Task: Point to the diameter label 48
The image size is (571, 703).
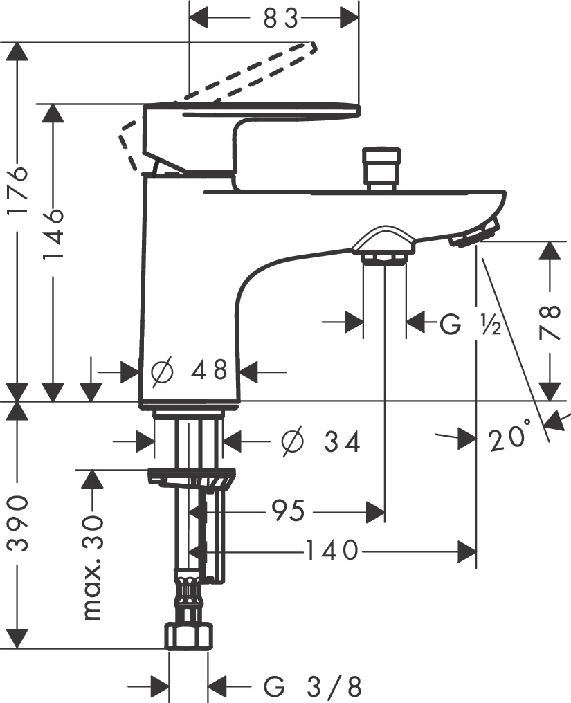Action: tap(189, 372)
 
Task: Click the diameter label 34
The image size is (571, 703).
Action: tap(322, 441)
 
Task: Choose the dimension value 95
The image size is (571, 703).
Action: tap(288, 512)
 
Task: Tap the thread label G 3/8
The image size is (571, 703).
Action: tap(313, 687)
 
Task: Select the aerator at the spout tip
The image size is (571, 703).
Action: tap(474, 233)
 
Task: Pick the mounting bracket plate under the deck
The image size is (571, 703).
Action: tap(192, 477)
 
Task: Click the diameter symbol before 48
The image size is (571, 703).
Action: tap(161, 372)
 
